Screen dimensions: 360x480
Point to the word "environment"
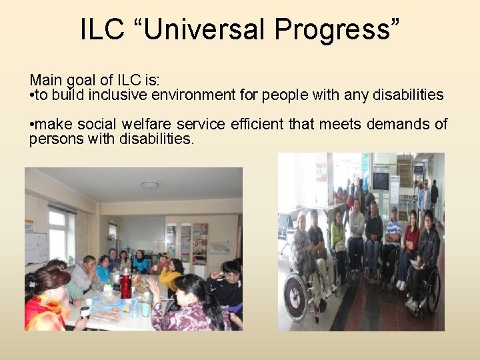click(221, 95)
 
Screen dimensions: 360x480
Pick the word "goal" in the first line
click(79, 81)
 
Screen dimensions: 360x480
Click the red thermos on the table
click(125, 287)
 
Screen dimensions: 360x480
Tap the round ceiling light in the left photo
click(150, 185)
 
